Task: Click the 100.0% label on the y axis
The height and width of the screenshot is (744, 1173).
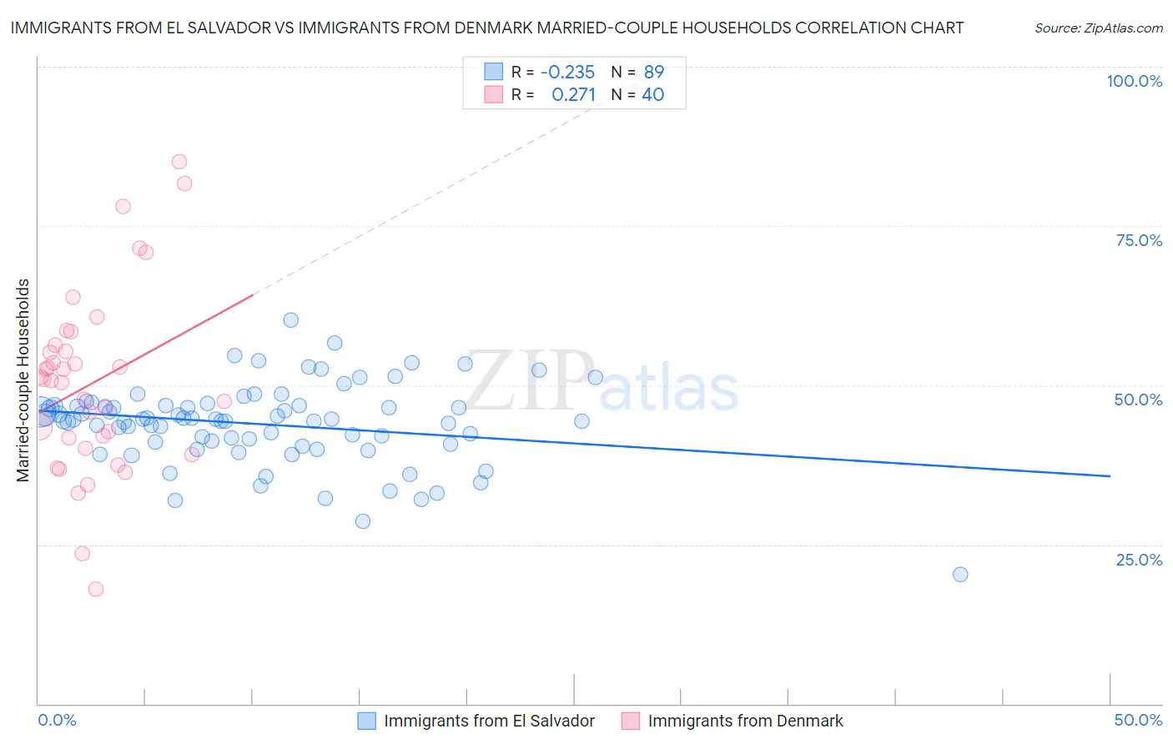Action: [1134, 81]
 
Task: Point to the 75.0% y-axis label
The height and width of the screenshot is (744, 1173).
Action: [1139, 240]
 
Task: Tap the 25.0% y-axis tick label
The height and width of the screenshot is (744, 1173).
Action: [1139, 559]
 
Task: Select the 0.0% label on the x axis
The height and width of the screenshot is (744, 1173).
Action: [57, 720]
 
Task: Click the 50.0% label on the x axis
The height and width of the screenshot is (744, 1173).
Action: [1138, 720]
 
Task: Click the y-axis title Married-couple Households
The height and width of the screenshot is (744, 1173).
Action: [23, 380]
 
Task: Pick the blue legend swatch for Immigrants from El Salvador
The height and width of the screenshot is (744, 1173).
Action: [368, 721]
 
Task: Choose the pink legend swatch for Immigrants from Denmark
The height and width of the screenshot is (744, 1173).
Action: [631, 721]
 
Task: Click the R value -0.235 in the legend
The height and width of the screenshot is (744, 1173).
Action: [567, 72]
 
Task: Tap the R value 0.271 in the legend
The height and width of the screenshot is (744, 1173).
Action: [573, 95]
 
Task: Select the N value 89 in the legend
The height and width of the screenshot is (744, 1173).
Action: [653, 72]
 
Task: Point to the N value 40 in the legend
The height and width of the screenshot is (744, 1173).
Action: [652, 95]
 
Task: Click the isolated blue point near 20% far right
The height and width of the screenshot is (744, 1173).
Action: [960, 574]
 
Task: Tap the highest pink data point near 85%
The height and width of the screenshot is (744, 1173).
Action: [179, 162]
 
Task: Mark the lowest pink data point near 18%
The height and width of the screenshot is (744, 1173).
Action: [96, 589]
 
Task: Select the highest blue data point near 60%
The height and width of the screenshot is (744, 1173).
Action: [290, 320]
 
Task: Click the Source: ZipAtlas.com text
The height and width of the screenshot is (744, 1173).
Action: [1098, 28]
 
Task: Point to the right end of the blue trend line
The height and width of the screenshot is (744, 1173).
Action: [1110, 475]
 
